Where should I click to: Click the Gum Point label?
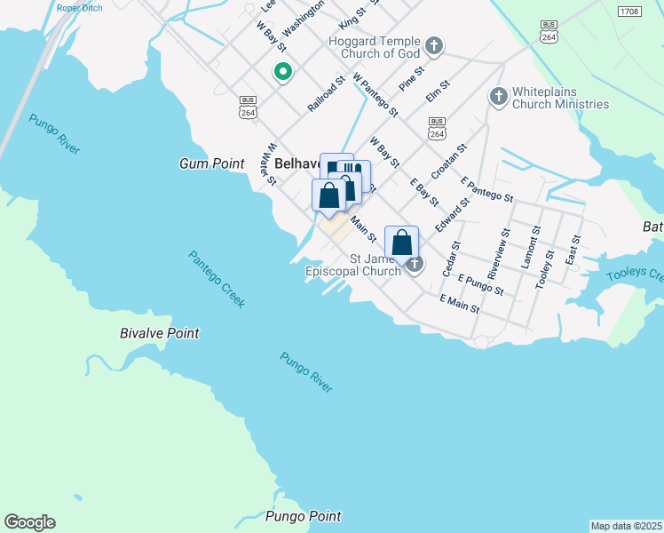point(210,164)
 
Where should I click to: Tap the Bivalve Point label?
point(160,333)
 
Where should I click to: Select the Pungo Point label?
point(303,516)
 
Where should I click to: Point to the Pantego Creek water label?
point(217,279)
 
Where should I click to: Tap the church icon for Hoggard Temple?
point(433,44)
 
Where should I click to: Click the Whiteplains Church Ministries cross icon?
point(498,95)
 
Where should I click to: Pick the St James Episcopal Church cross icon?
point(415,263)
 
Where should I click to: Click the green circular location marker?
point(283,72)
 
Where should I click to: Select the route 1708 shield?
point(628,12)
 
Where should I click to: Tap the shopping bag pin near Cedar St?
point(401,242)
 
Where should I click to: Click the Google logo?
point(29,522)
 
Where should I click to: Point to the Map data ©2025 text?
point(626,526)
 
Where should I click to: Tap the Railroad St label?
point(327,94)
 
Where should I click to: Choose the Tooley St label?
point(545,266)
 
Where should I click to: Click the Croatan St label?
point(448,160)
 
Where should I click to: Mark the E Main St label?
point(459,305)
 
